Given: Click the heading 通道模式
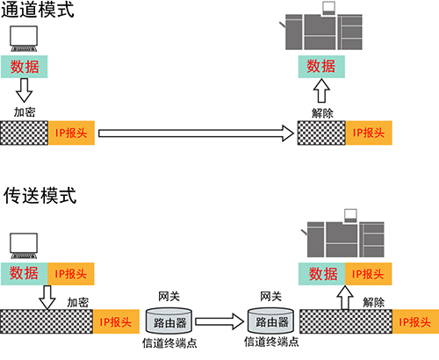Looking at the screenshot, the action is click(38, 10).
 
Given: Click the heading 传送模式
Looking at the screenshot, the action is click(40, 196).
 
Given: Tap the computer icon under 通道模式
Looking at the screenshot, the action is click(24, 39).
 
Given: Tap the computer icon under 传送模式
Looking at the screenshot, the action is click(24, 246).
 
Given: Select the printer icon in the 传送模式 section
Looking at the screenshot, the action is click(343, 234).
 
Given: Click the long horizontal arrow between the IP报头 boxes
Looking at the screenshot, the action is click(196, 133).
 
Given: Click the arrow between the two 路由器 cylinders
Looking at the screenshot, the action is click(219, 321).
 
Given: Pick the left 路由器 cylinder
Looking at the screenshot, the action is click(169, 320).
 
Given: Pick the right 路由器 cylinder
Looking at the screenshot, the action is click(270, 320).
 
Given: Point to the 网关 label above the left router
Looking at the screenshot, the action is click(169, 297).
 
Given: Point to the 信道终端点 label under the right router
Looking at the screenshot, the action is click(271, 342).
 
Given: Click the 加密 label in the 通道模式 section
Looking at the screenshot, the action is click(25, 112).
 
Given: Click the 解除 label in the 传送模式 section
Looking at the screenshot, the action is click(374, 302).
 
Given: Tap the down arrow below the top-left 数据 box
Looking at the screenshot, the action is click(24, 90).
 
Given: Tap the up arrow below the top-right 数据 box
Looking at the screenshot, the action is click(321, 90).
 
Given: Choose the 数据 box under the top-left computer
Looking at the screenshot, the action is click(25, 67).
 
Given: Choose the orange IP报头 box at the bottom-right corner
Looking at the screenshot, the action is click(415, 321).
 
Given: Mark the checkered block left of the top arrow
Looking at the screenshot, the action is click(24, 133).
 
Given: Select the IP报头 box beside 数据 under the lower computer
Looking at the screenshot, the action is click(71, 274).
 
